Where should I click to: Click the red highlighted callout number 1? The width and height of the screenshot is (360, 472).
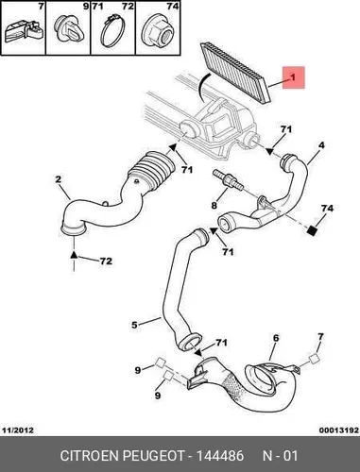(x=293, y=77)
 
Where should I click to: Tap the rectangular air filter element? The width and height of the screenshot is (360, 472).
(x=235, y=72)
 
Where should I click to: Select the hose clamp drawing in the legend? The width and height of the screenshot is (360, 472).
(x=113, y=31)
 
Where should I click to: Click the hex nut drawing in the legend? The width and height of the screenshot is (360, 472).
(x=158, y=31)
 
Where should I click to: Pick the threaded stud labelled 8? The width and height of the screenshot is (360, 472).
(x=228, y=179)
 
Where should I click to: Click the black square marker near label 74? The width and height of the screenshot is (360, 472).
(x=312, y=231)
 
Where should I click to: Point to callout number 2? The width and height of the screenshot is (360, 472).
(x=58, y=179)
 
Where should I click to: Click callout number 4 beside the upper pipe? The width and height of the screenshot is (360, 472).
(x=321, y=145)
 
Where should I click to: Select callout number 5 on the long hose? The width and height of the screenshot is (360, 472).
(x=134, y=325)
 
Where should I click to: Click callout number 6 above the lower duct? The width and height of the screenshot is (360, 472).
(x=276, y=338)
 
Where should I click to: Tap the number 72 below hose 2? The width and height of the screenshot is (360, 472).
(x=106, y=261)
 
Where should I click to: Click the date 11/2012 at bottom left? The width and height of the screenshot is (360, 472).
(x=18, y=430)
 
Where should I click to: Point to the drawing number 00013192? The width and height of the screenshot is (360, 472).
(x=339, y=430)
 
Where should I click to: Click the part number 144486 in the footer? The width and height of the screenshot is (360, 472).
(x=220, y=456)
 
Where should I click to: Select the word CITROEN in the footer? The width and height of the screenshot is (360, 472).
(x=89, y=456)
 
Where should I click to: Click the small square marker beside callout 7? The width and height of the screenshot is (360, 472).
(x=314, y=359)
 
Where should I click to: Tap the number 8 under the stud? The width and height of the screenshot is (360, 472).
(x=214, y=206)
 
